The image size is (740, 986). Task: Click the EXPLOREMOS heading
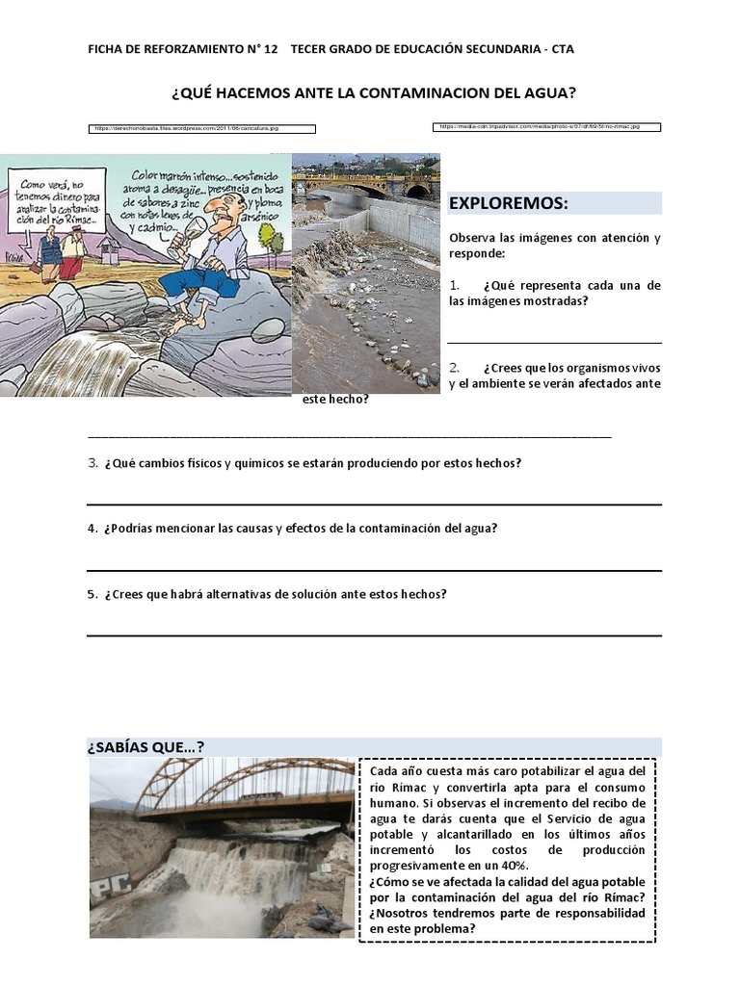pos(509,203)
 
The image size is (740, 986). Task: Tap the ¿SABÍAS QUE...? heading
pos(145,747)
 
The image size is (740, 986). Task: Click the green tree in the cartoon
pos(276,242)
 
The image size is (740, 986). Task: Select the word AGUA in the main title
pos(549,93)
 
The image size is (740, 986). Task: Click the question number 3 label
pos(92,463)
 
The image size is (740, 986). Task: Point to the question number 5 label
pos(92,594)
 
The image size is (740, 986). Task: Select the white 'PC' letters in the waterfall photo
pos(108,894)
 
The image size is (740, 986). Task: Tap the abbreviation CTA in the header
pos(562,49)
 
